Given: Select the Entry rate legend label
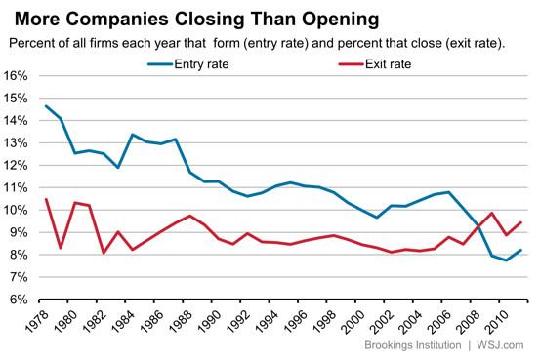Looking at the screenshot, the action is (201, 64).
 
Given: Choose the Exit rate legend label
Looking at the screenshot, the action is (388, 64).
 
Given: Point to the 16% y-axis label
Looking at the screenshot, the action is (16, 76).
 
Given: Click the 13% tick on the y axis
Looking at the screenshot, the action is (16, 142).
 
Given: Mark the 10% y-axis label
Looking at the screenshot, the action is (16, 210).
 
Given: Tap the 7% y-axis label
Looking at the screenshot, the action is (18, 277).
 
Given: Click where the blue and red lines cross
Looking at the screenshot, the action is (478, 226).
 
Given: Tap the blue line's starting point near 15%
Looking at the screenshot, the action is (46, 106).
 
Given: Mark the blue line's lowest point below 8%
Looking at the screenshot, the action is (506, 260).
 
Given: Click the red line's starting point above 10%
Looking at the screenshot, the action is (46, 199).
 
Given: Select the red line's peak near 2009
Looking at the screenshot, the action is (492, 213).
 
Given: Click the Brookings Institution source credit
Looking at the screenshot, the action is (413, 345).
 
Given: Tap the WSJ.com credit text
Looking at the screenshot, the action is (500, 345).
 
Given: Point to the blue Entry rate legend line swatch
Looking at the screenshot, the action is (160, 64).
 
